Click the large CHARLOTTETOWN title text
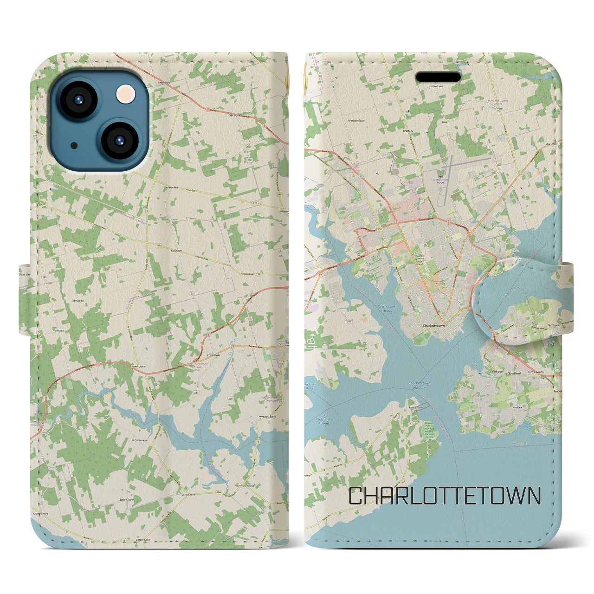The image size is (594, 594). tap(445, 496)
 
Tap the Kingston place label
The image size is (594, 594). tap(176, 237)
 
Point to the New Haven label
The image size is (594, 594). tap(138, 366)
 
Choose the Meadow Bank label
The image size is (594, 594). tap(267, 417)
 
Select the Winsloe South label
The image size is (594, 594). tap(356, 120)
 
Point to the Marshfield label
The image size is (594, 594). tap(552, 144)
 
